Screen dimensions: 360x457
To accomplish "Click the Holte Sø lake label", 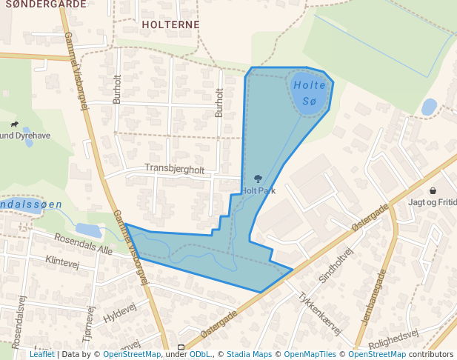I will click(309, 93).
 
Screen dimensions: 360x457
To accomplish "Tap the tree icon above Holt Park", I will click(258, 179).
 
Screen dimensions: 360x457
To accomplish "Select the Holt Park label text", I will click(258, 190).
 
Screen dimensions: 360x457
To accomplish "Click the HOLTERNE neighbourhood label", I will click(170, 24).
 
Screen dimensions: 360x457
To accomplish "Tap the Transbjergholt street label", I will click(174, 169).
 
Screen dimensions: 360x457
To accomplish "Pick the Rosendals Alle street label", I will click(83, 244).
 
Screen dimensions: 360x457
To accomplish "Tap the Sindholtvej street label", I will click(336, 264).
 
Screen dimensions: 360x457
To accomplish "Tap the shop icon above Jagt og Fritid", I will click(433, 190).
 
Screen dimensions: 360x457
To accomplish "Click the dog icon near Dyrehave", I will click(14, 124).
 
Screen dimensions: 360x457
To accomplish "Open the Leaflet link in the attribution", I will click(42, 354).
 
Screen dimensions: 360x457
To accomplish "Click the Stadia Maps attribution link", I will click(249, 354).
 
